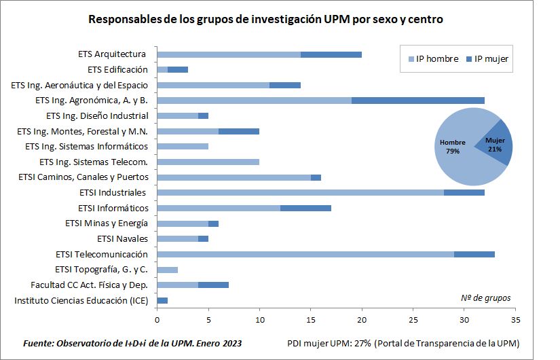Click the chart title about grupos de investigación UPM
(x=265, y=20)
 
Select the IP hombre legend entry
(x=433, y=59)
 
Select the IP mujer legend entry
(x=487, y=59)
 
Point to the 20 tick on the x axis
(x=362, y=318)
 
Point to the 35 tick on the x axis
(x=515, y=318)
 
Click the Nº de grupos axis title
(x=485, y=298)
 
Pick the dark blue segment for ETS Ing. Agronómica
(x=417, y=101)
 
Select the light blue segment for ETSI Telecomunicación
(x=305, y=254)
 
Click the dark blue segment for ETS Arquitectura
(x=331, y=54)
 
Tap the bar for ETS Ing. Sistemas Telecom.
(x=208, y=162)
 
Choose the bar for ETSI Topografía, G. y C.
(x=167, y=270)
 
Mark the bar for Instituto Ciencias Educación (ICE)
(x=162, y=300)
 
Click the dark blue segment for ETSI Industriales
(x=464, y=192)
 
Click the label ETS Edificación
(x=117, y=69)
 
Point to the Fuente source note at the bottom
(x=132, y=342)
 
